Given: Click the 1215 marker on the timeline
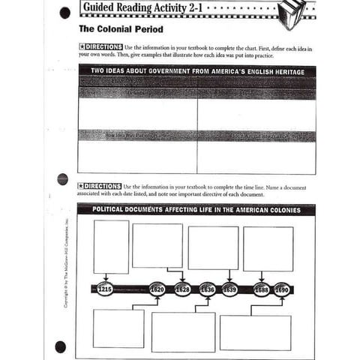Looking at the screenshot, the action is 105,289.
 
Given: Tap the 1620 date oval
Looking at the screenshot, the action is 157,289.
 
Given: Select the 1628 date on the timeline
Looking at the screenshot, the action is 182,289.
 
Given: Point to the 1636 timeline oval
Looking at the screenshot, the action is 208,289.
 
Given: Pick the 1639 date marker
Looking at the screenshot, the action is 229,289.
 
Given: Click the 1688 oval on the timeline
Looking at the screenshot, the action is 261,289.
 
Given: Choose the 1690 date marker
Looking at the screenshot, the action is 281,289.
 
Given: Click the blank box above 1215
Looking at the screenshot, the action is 111,247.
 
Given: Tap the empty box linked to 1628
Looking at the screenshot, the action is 157,245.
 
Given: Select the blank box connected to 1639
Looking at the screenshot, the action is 213,247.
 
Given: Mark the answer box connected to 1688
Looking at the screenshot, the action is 268,248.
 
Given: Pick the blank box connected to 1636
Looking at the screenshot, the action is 183,331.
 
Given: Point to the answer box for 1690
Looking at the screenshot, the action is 255,331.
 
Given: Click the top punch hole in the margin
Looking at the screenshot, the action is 63,12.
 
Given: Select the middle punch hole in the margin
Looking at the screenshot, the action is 62,179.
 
